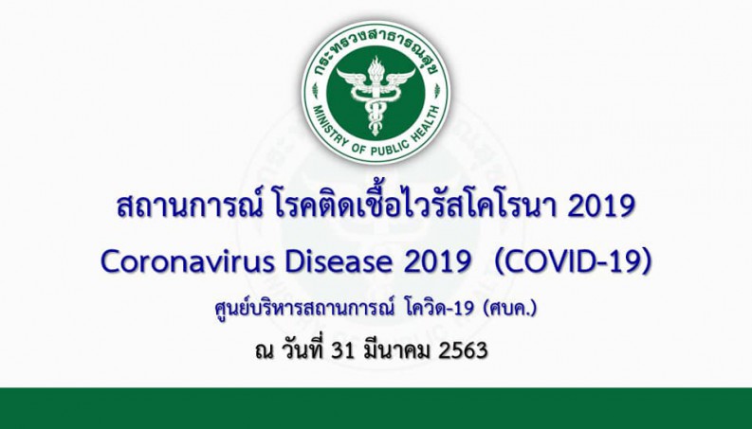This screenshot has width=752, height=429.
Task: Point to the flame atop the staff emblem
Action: click(376, 64)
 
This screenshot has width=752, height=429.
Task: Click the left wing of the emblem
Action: click(354, 78)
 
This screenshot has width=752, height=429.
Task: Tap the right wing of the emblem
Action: click(398, 78)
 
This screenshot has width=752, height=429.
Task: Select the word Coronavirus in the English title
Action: click(189, 261)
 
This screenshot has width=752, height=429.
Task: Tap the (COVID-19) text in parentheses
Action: click(573, 261)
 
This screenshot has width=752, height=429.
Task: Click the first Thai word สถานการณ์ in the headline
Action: click(190, 206)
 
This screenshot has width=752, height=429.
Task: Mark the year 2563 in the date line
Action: click(463, 350)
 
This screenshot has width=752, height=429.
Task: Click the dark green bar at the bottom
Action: click(376, 408)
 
